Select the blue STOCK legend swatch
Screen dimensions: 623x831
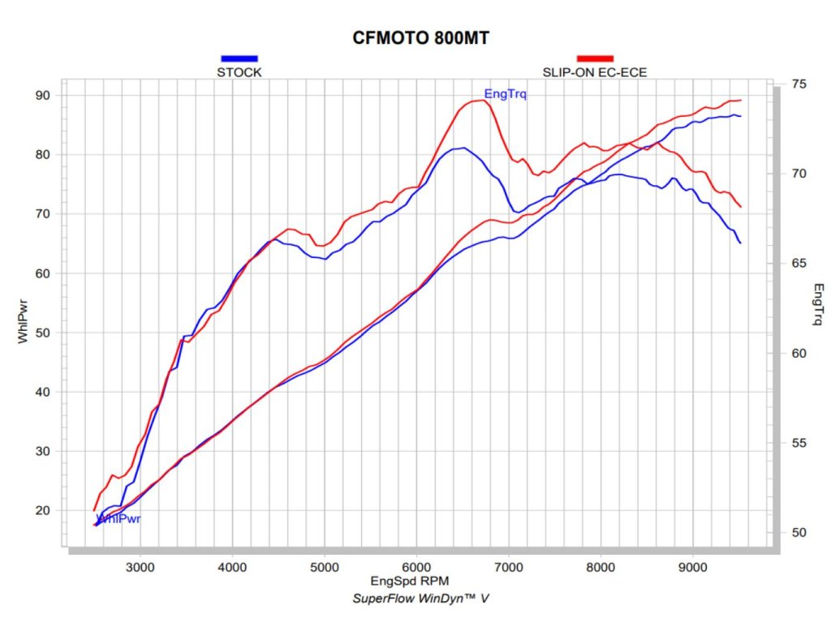coord(239,58)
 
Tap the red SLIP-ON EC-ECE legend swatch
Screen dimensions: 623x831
coord(595,58)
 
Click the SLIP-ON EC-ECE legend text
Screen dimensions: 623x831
coord(595,72)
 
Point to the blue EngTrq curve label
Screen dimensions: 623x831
coord(505,95)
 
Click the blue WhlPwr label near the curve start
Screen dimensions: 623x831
coord(118,518)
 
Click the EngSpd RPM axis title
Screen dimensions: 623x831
coord(409,581)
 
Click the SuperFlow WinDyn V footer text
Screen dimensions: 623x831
coord(420,599)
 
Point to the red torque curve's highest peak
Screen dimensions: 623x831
coord(479,100)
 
